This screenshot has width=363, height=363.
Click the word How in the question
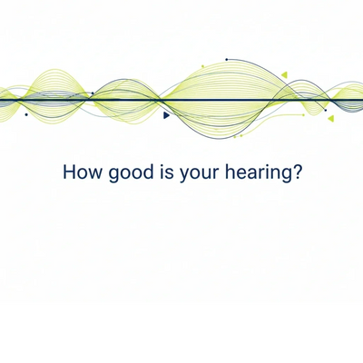coord(83,172)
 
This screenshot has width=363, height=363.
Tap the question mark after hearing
coord(296,172)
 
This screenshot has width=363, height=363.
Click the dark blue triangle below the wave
coord(166,115)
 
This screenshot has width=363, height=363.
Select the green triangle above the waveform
coord(284,74)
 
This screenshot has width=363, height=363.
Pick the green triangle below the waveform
coord(330,118)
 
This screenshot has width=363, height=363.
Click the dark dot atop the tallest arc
coord(227,60)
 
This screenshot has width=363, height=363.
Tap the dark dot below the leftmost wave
coord(26,114)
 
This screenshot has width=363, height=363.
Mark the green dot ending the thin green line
coord(303,115)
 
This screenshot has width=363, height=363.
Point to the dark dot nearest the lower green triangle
coord(326,111)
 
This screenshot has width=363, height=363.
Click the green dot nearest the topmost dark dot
coord(202,66)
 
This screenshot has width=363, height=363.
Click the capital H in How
coord(69,172)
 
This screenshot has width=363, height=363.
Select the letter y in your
coord(184,175)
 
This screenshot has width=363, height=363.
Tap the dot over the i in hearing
coord(265,165)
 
